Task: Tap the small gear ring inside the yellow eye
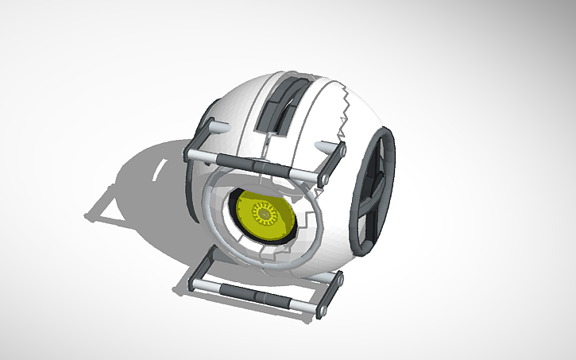tap(262, 212)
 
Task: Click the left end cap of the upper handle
tap(191, 152)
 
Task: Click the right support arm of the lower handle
tap(334, 290)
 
